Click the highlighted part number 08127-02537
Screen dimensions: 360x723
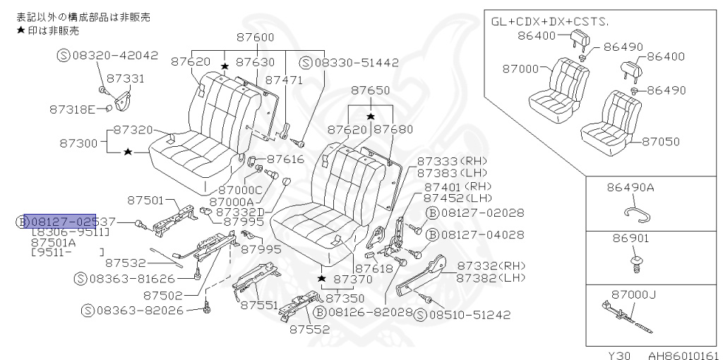pyautogui.click(x=60, y=222)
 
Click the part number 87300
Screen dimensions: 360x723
pyautogui.click(x=78, y=142)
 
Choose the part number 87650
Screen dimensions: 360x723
pyautogui.click(x=371, y=90)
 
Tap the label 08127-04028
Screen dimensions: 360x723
pyautogui.click(x=481, y=234)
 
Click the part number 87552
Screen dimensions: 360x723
pyautogui.click(x=308, y=329)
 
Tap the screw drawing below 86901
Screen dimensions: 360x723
pyautogui.click(x=635, y=263)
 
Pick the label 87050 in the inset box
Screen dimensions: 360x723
pyautogui.click(x=662, y=141)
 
